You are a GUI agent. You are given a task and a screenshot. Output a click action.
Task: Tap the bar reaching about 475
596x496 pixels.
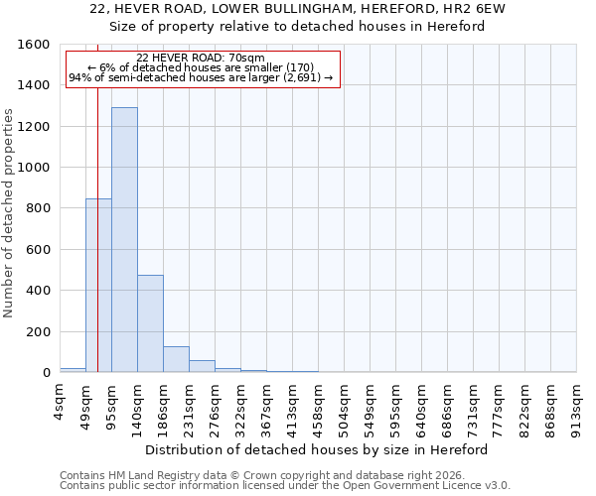[x=150, y=323]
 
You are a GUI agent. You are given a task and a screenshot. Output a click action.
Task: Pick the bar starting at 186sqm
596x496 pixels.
[x=176, y=359]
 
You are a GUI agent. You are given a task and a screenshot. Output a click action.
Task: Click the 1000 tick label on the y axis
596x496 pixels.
[x=34, y=168]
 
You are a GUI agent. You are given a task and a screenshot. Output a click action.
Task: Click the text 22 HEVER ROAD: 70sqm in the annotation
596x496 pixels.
[x=201, y=58]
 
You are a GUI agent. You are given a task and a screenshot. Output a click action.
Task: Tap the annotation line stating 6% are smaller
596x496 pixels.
[x=201, y=67]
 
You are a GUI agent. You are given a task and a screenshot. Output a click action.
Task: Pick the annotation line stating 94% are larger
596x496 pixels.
[x=201, y=77]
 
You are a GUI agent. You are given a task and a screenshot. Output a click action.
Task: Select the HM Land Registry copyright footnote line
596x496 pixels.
[x=268, y=475]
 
